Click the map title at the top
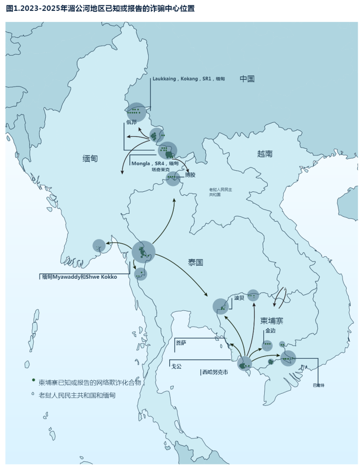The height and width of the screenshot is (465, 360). click(100, 9)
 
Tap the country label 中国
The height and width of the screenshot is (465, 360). click(247, 79)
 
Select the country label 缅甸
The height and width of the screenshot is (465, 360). click(90, 159)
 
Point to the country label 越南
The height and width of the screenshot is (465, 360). click(265, 154)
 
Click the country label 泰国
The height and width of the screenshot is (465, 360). click(196, 263)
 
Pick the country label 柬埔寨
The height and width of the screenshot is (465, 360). click(272, 321)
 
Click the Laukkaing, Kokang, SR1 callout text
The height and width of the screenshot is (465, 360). click(188, 79)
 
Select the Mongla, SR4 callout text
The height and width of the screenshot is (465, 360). click(158, 164)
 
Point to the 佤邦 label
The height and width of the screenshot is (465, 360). click(131, 123)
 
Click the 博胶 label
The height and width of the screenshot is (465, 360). click(190, 175)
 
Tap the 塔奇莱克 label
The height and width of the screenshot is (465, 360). click(161, 170)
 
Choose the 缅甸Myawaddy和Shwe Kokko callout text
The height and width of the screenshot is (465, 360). click(79, 277)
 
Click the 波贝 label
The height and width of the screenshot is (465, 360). click(239, 298)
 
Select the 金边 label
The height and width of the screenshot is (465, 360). click(270, 331)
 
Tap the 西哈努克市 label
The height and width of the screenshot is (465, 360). click(215, 372)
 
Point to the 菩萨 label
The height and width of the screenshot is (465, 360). click(181, 343)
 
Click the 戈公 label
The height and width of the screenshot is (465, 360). click(176, 366)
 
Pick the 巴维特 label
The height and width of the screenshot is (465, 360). click(318, 385)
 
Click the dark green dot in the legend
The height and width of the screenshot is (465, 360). click(33, 380)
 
